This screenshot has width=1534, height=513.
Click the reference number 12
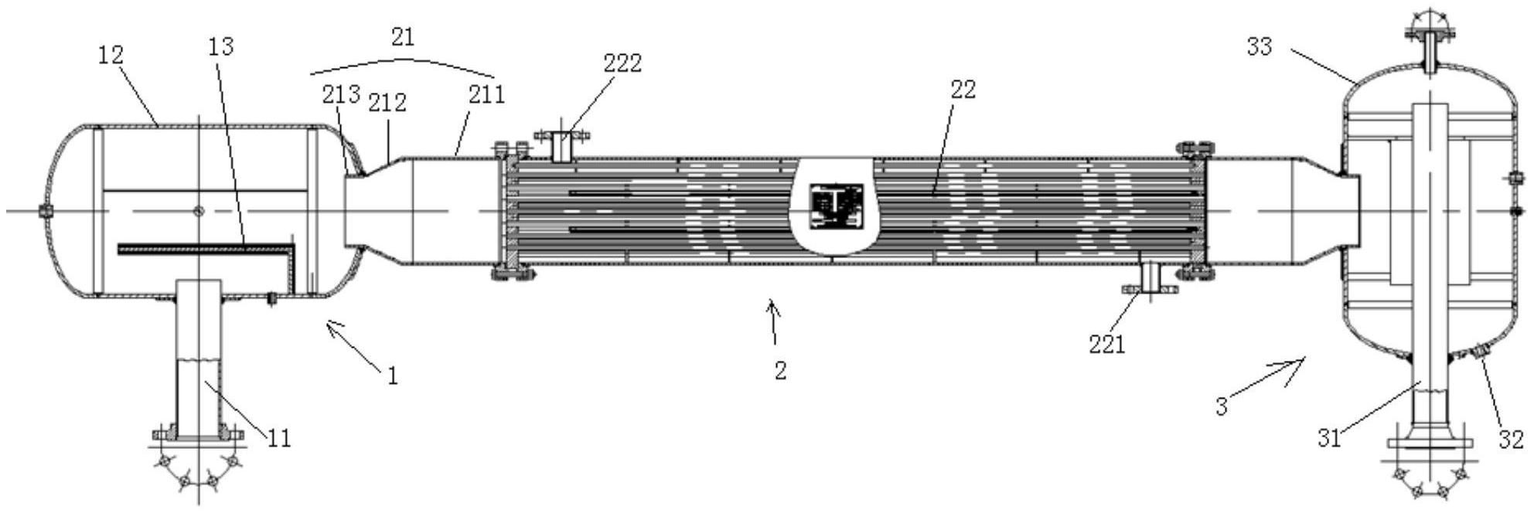(111, 55)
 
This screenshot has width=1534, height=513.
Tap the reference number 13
(221, 47)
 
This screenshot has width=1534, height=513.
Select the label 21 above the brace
(403, 37)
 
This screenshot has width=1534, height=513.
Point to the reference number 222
(623, 63)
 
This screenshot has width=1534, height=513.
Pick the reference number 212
(387, 103)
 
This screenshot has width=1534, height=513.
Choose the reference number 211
(486, 95)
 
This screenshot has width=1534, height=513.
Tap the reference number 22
(963, 90)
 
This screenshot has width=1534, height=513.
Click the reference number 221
(1107, 345)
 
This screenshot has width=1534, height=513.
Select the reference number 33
(1260, 47)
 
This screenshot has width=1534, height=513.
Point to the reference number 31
(1329, 439)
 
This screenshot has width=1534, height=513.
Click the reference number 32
(1512, 439)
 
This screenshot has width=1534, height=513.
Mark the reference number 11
(280, 439)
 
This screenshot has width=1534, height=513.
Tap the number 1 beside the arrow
(393, 376)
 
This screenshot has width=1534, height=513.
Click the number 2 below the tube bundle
(780, 371)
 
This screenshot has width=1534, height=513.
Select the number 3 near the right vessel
(1222, 406)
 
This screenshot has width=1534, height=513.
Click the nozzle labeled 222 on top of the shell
(562, 147)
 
